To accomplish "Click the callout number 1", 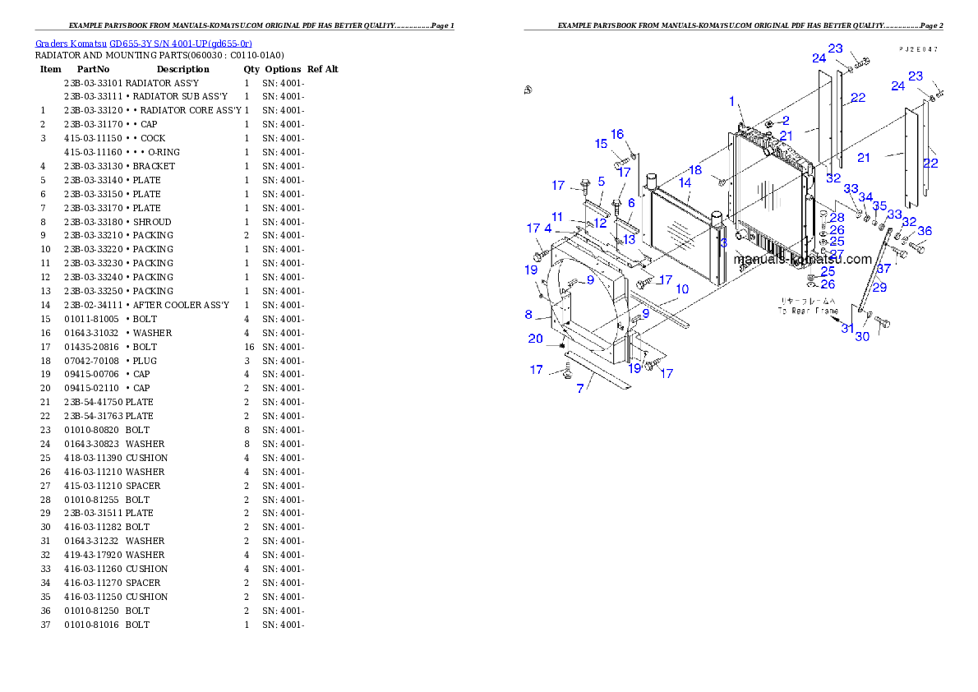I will coord(731,101).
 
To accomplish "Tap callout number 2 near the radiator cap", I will coord(785,120).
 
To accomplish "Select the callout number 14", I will coord(685,183).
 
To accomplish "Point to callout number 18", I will coord(695,170).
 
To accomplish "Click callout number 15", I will coord(602,144).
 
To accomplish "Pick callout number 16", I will coord(617,134).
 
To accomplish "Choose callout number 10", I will coord(682,289).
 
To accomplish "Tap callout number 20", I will coord(535,339).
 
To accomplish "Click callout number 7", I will coord(580,389).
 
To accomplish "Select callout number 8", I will coord(528,314).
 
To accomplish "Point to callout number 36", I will coord(925,231).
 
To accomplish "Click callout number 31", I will coord(847,328).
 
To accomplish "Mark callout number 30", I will coord(862,336).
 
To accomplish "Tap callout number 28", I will coord(837,218).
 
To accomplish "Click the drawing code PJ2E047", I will coord(918,49).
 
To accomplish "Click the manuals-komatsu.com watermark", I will coord(802,260).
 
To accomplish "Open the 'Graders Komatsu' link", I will coord(144,43).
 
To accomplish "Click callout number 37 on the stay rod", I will coord(883,269).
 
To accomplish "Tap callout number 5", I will coord(602,181).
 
